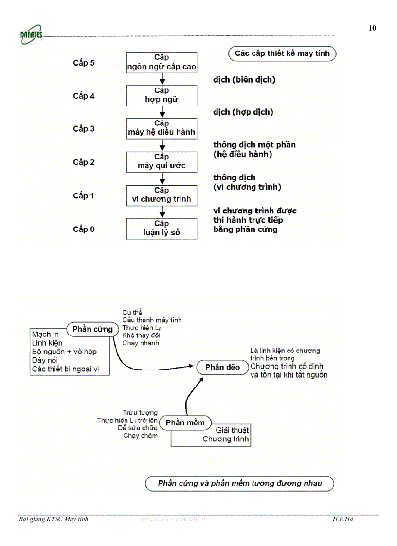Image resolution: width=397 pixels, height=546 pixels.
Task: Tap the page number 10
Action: point(372,28)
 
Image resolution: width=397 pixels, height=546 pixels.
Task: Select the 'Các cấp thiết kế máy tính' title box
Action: point(282,53)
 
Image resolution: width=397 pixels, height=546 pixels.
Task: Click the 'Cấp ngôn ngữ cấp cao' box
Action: point(162,62)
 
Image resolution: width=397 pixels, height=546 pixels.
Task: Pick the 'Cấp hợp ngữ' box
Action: point(162,95)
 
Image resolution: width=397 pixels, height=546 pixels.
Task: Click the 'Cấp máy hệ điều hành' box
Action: point(162,128)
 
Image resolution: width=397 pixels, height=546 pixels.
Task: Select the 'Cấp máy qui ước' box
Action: point(162,162)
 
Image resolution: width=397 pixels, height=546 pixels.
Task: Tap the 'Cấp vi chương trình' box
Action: point(162,195)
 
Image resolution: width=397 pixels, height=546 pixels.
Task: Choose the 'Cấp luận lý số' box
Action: point(162,229)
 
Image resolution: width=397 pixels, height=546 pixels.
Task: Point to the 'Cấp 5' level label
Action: point(84,63)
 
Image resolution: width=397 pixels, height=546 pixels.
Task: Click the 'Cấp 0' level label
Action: point(84,229)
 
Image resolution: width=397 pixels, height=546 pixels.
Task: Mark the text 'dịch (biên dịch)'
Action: point(244,80)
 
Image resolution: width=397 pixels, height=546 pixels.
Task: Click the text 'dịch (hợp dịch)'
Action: point(243,112)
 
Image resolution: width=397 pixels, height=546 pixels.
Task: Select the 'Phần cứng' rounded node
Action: point(92,329)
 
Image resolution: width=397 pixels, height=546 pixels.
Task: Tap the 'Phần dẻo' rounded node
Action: point(222,367)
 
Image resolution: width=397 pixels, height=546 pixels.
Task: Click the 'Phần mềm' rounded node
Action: point(185,423)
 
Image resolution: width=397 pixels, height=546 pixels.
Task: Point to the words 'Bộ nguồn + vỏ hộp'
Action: point(64,352)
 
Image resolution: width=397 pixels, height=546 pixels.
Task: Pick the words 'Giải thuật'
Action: point(232,430)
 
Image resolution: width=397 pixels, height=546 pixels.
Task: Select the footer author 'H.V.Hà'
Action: point(343,519)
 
